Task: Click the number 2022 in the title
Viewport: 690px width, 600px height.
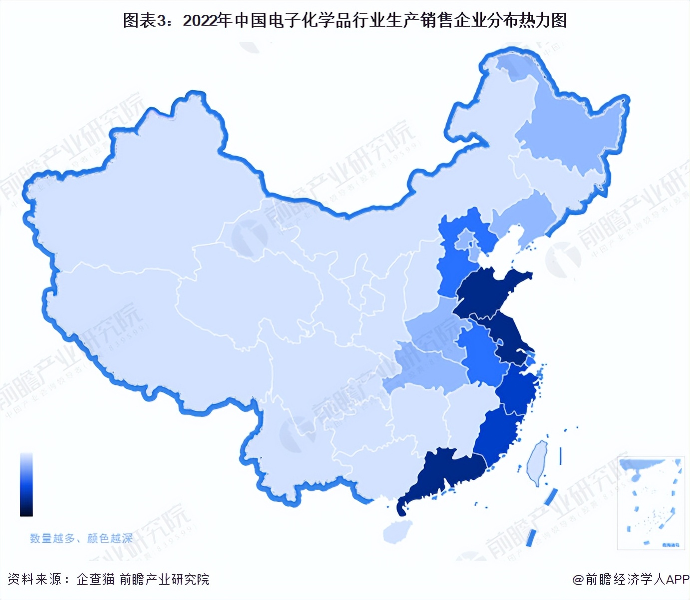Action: tap(200, 20)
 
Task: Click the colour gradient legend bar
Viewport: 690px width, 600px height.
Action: tap(26, 484)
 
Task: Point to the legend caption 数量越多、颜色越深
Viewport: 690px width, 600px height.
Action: tap(81, 538)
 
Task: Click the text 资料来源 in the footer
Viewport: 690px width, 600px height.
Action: tap(34, 579)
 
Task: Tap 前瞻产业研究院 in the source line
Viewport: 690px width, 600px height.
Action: tap(164, 579)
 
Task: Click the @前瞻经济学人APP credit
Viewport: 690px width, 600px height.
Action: tap(631, 579)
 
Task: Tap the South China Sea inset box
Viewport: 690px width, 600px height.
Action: tap(650, 502)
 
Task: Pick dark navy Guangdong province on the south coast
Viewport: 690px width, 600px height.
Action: tap(444, 474)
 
